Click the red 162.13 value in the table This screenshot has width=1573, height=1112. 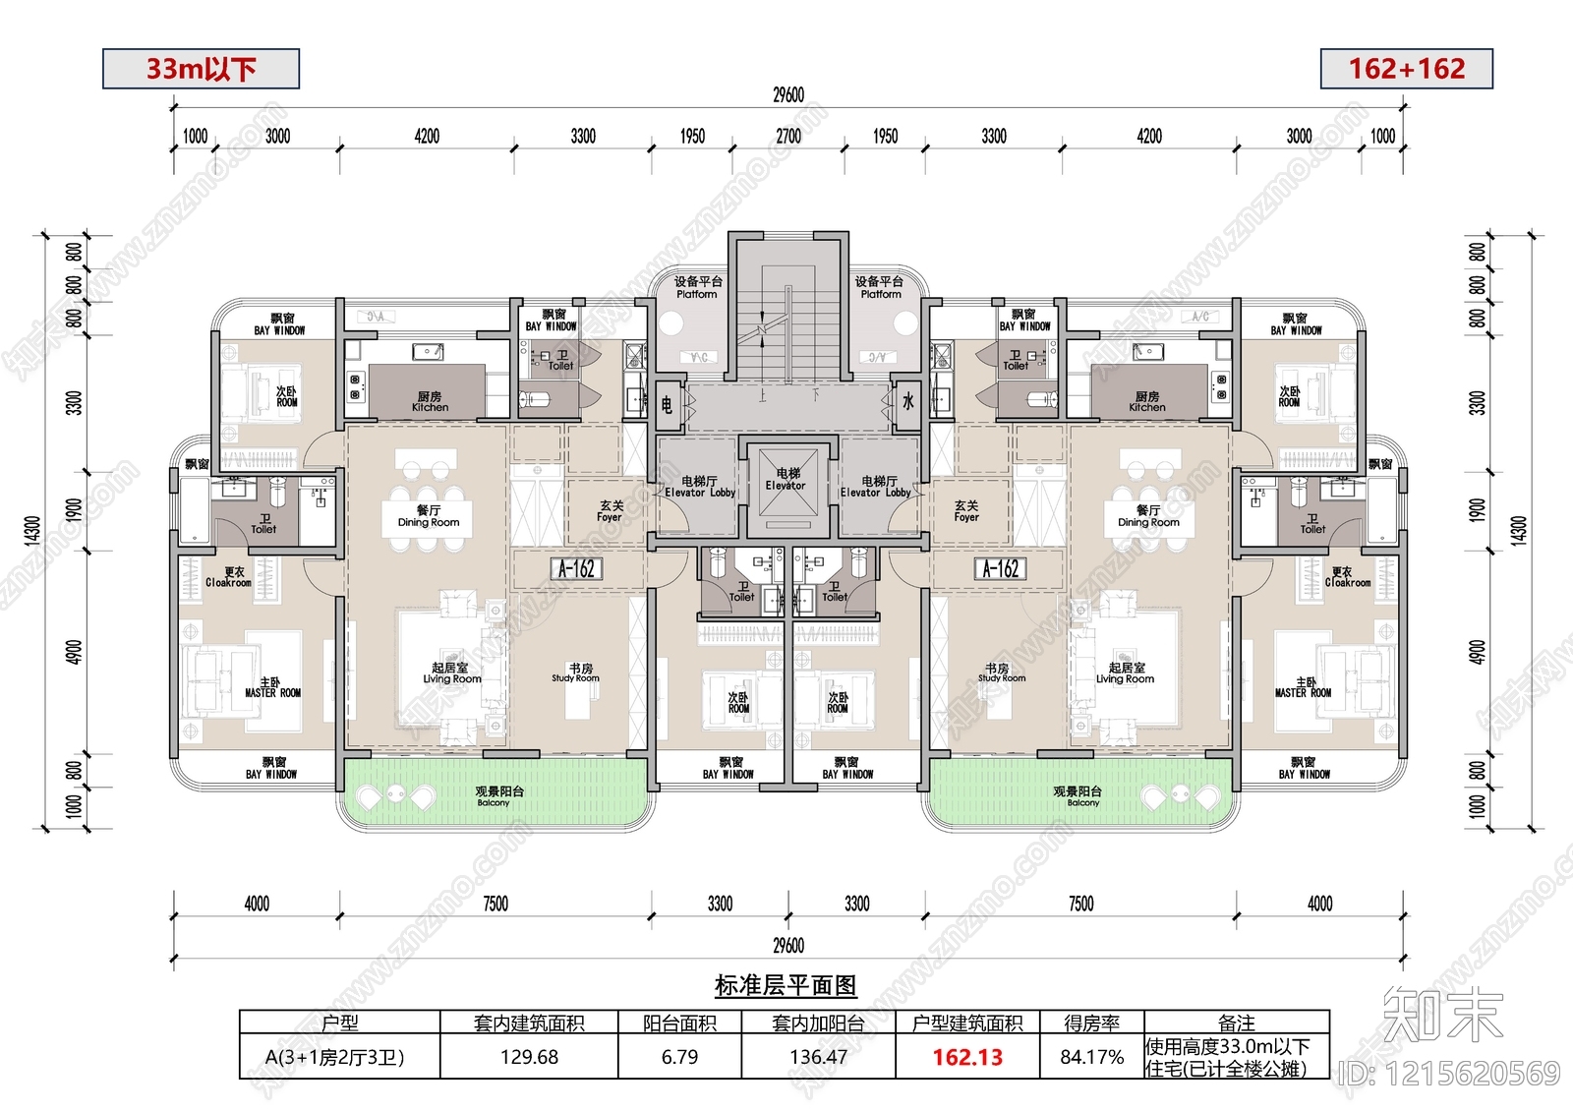pyautogui.click(x=967, y=1057)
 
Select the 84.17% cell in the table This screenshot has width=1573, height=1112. pyautogui.click(x=1091, y=1057)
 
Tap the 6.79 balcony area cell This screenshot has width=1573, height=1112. pyautogui.click(x=679, y=1057)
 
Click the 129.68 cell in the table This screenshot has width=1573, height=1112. pyautogui.click(x=529, y=1057)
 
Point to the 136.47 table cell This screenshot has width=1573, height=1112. pyautogui.click(x=818, y=1057)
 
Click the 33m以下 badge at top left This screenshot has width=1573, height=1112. pyautogui.click(x=201, y=69)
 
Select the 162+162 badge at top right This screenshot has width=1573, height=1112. pyautogui.click(x=1406, y=69)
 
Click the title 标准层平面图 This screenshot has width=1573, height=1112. pyautogui.click(x=786, y=985)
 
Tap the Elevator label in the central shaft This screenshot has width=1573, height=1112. pyautogui.click(x=786, y=480)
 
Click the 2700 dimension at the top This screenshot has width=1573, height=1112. pyautogui.click(x=788, y=137)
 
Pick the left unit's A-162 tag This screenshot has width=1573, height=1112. pyautogui.click(x=576, y=568)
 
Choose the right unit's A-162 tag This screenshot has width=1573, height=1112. pyautogui.click(x=1001, y=568)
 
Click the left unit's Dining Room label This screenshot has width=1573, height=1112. pyautogui.click(x=429, y=516)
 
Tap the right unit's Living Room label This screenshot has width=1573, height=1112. pyautogui.click(x=1126, y=673)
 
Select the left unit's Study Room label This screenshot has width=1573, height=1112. pyautogui.click(x=576, y=673)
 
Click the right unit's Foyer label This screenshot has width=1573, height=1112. pyautogui.click(x=966, y=511)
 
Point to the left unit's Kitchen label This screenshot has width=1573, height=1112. pyautogui.click(x=430, y=402)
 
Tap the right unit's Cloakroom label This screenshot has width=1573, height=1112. pyautogui.click(x=1346, y=577)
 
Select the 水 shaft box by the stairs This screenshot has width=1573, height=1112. pyautogui.click(x=907, y=402)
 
